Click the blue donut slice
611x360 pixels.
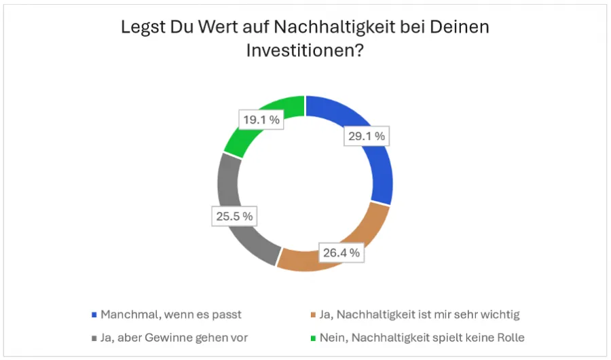tap(377, 170)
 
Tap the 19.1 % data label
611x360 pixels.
tap(259, 120)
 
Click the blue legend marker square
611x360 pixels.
tap(94, 315)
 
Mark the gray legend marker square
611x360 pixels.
tap(94, 338)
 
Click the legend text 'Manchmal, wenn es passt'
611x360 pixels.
tap(170, 314)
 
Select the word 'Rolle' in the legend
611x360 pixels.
tap(509, 337)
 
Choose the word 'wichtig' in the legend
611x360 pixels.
tap(500, 314)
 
